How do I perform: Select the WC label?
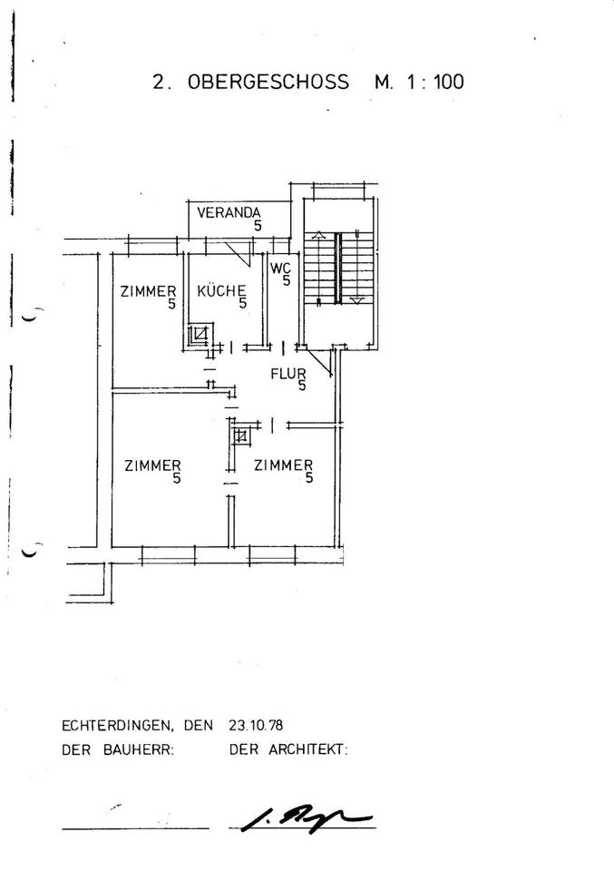click(x=280, y=269)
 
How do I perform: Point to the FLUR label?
click(x=288, y=373)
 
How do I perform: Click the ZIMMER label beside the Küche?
click(x=148, y=291)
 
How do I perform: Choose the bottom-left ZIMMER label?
click(x=152, y=465)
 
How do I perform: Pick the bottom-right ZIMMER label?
click(x=284, y=465)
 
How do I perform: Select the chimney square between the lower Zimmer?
click(x=240, y=437)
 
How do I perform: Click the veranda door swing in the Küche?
click(x=239, y=252)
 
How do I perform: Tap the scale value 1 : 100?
click(x=434, y=82)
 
